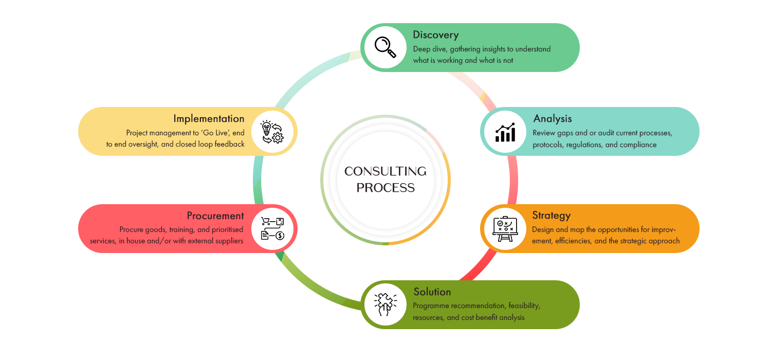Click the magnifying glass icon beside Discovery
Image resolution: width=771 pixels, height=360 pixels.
tap(385, 47)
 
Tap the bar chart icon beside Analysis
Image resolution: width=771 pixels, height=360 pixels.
tap(505, 132)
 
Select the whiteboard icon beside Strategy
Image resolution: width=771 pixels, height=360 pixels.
tap(505, 228)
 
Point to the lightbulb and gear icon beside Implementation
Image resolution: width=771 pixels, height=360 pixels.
tap(272, 132)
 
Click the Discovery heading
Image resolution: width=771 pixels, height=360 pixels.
tap(435, 35)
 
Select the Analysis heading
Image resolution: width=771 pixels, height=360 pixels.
tap(552, 119)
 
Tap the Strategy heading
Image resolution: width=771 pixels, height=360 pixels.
tap(551, 215)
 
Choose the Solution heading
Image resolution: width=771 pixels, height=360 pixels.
tap(432, 292)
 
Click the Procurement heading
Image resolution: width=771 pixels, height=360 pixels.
tap(215, 215)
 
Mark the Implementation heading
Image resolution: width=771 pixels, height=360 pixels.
tap(209, 119)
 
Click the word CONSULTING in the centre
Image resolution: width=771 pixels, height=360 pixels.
tap(385, 171)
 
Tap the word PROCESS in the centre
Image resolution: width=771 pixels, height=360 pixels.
tap(385, 188)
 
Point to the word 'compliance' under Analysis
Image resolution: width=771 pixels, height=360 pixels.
tap(638, 145)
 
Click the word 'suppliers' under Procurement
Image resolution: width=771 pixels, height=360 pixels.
tap(228, 241)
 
